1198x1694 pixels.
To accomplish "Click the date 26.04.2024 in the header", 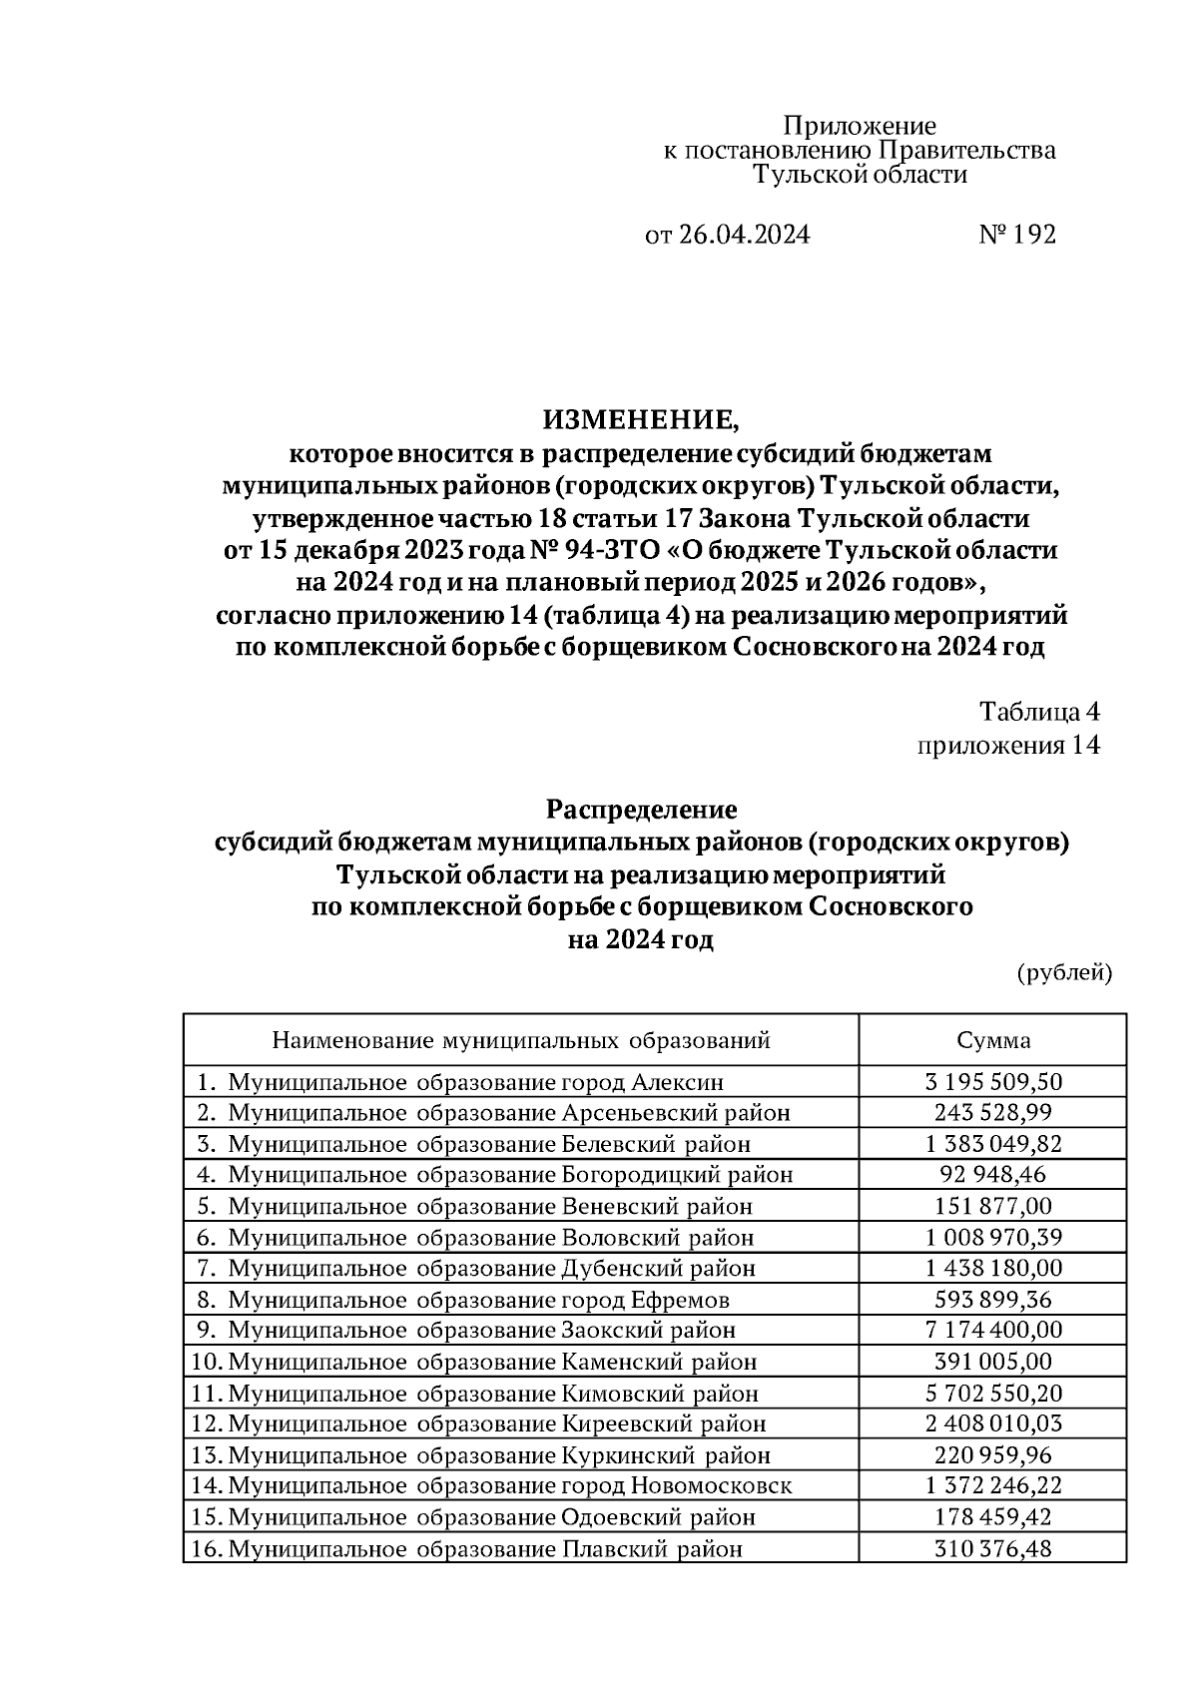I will point(743,235).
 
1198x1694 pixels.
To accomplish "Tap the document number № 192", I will point(1016,235).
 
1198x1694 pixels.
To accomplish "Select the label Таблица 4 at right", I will point(1039,712).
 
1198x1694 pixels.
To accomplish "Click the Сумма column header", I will point(993,1040).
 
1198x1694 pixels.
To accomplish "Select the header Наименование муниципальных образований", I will point(521,1040).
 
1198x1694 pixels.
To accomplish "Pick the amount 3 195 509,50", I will point(993,1082).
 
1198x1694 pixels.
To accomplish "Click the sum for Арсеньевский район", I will point(993,1113).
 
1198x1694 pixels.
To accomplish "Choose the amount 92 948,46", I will point(993,1175).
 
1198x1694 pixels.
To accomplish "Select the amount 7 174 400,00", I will point(993,1331).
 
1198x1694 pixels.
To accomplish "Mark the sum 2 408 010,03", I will point(993,1424).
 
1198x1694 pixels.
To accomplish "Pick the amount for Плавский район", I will point(993,1549).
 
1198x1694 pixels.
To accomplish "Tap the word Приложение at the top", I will point(860,126).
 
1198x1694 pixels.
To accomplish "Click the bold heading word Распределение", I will point(641,809).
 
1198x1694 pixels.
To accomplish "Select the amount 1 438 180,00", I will point(993,1269).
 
